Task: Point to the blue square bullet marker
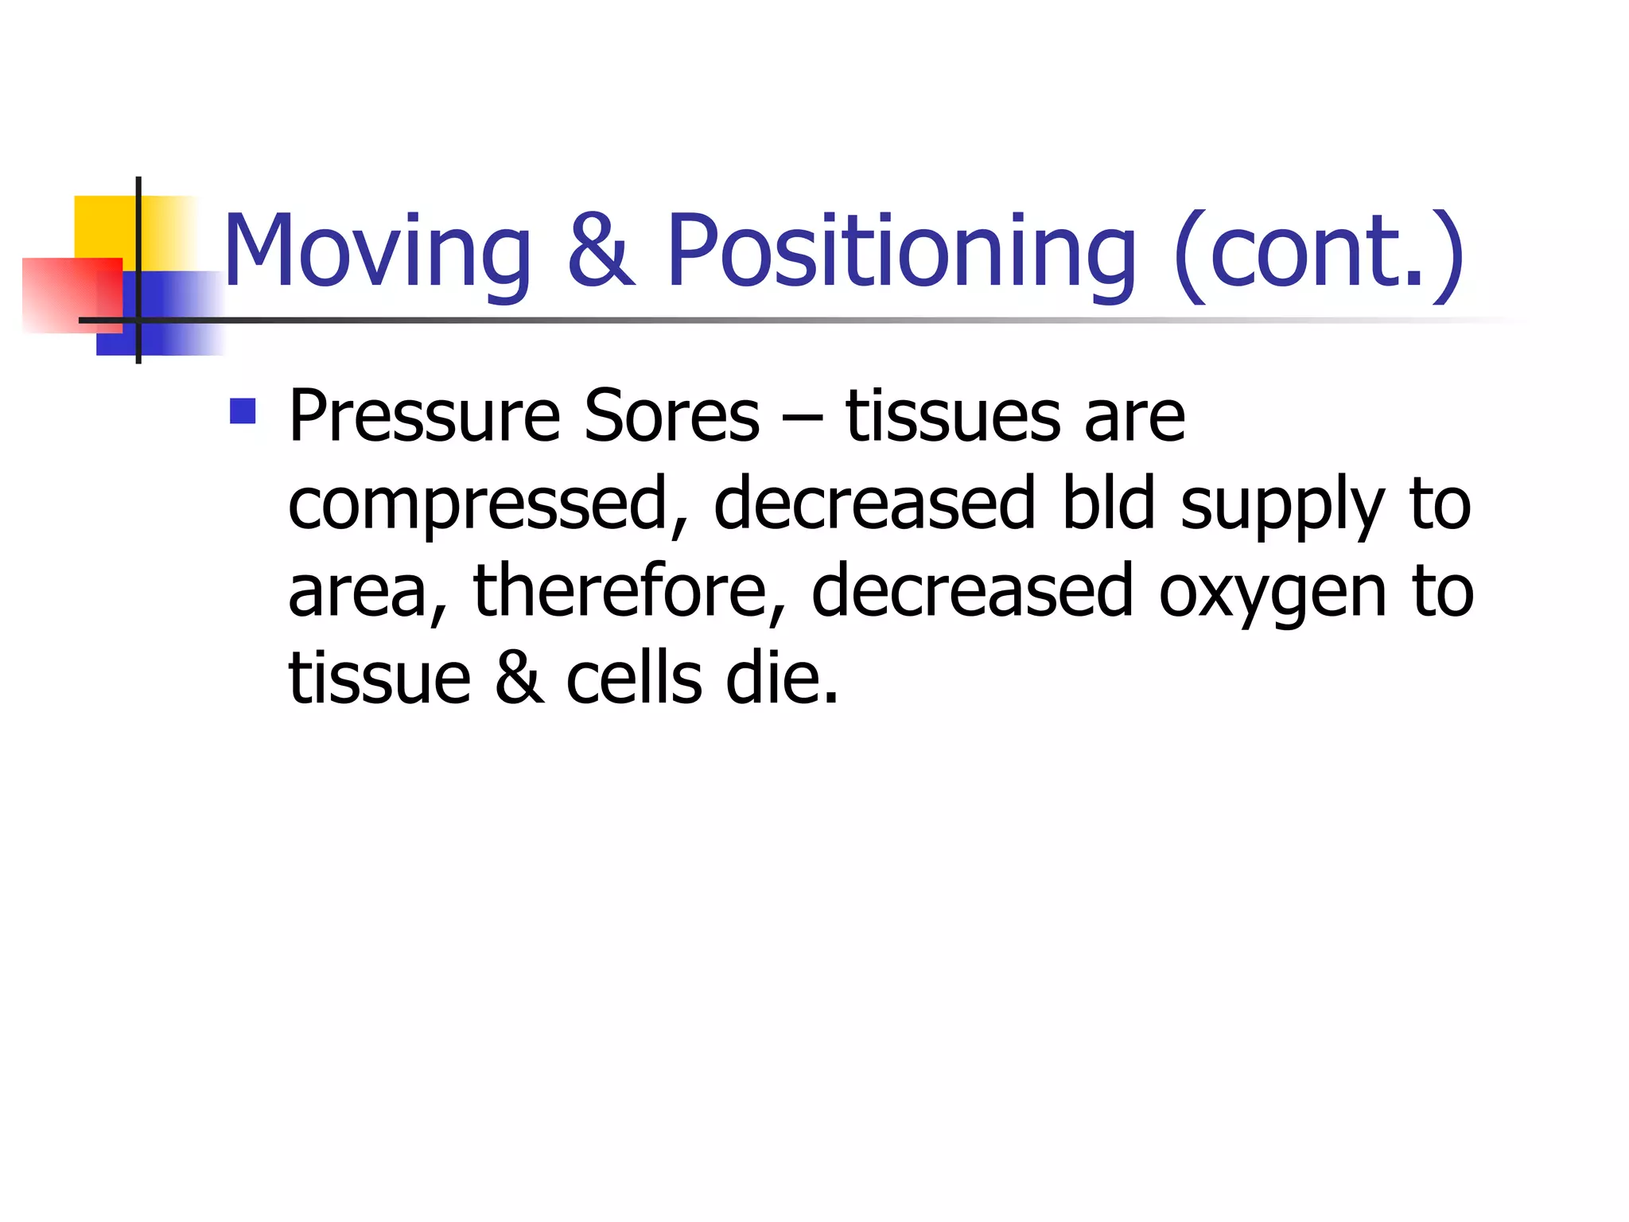coord(243,411)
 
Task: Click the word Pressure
coord(424,417)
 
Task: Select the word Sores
coord(671,417)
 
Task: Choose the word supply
coord(1281,506)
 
